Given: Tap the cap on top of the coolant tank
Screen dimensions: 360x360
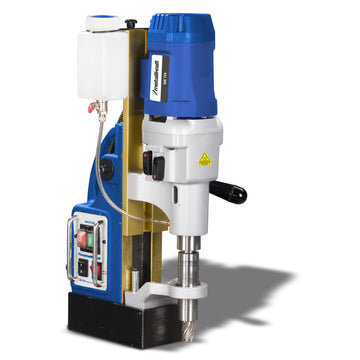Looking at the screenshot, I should [99, 46].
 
